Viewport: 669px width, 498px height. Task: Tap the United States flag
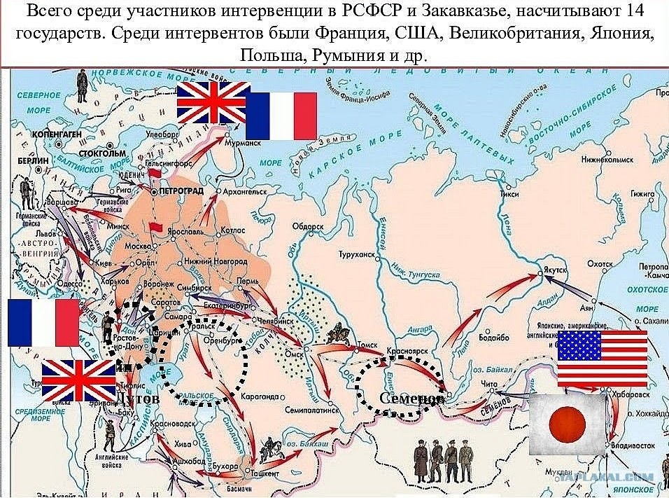[602, 358]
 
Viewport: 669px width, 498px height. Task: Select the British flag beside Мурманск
[213, 102]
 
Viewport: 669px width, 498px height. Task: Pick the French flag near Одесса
[43, 323]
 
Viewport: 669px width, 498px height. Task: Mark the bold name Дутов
[138, 398]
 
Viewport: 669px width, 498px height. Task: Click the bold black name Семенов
[411, 398]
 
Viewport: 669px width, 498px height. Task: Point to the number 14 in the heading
[634, 12]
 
